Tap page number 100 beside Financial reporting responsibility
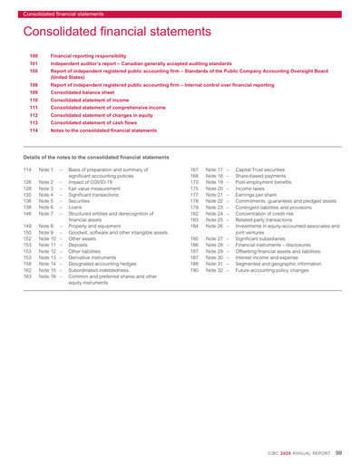pos(34,56)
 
